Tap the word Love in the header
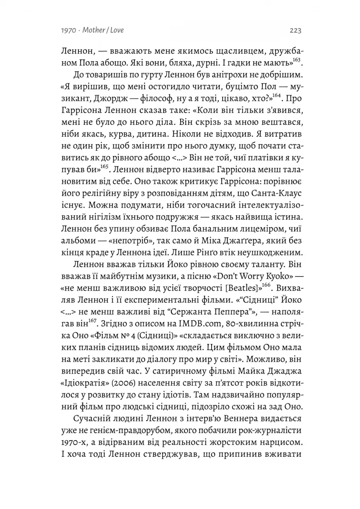[116, 31]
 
